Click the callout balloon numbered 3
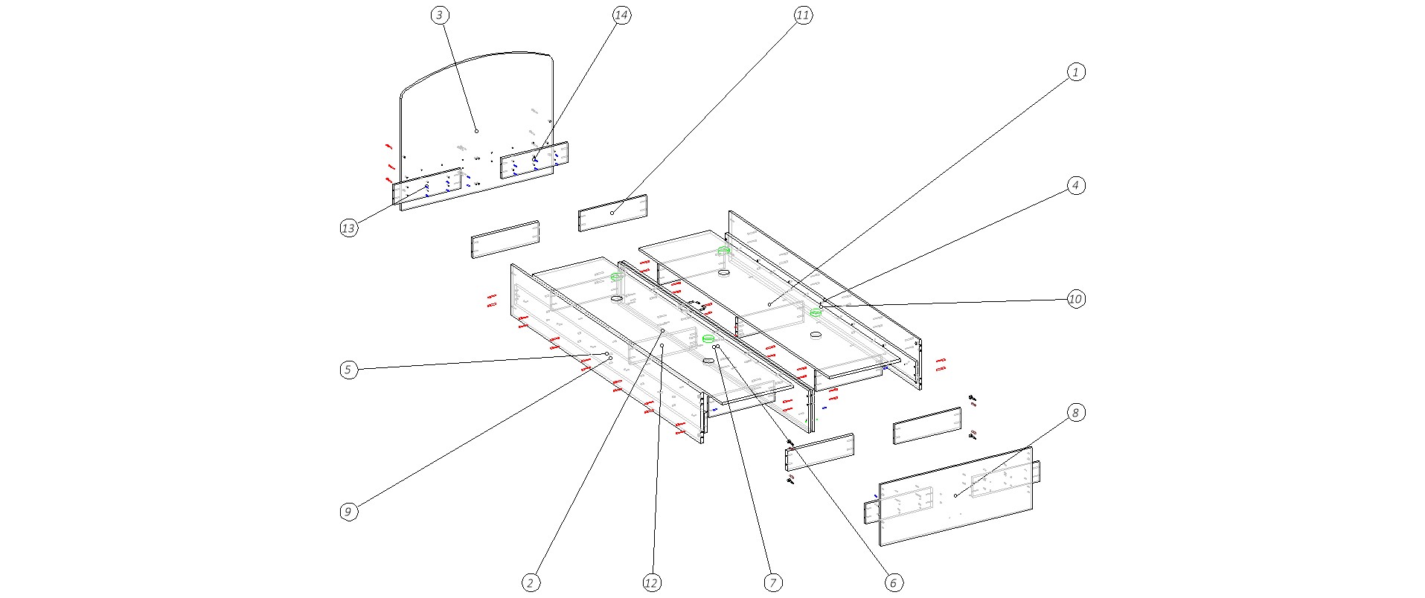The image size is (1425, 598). (x=440, y=15)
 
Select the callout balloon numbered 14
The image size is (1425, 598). (x=622, y=15)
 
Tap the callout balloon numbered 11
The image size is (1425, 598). (x=802, y=15)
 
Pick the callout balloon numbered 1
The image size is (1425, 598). (x=1075, y=72)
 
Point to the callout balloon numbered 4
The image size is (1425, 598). (x=1075, y=185)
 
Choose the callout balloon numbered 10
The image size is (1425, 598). (x=1075, y=299)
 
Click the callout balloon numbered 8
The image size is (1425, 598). (x=1075, y=412)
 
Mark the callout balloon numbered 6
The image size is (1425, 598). (x=894, y=583)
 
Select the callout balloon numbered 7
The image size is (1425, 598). (x=773, y=583)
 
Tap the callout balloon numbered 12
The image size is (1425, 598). (x=651, y=583)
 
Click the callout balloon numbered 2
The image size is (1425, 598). (x=531, y=583)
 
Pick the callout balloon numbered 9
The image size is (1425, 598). (x=348, y=512)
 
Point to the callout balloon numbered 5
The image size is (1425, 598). (x=348, y=370)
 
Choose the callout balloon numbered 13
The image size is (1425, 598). (x=348, y=228)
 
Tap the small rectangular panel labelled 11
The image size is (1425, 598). (x=612, y=213)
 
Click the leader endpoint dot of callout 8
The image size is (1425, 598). (x=955, y=495)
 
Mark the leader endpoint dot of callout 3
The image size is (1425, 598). (x=476, y=131)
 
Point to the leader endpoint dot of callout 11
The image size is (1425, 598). (x=612, y=213)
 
